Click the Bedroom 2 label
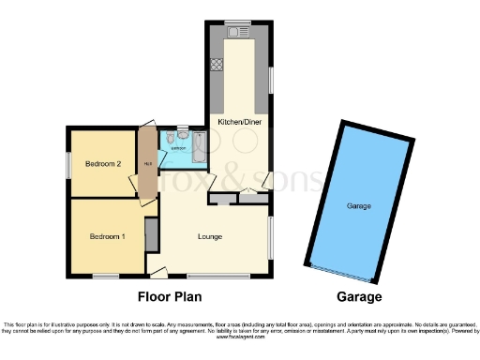click(104, 164)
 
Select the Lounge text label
click(210, 236)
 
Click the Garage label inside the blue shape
click(358, 205)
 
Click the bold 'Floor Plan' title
click(174, 297)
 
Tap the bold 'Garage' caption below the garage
click(359, 297)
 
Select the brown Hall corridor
click(145, 165)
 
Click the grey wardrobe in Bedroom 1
click(151, 234)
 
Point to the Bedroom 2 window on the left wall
click(67, 164)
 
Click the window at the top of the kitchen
click(238, 21)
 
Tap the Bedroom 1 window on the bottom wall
click(105, 276)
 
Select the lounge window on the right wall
click(272, 239)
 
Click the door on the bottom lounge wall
click(159, 273)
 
